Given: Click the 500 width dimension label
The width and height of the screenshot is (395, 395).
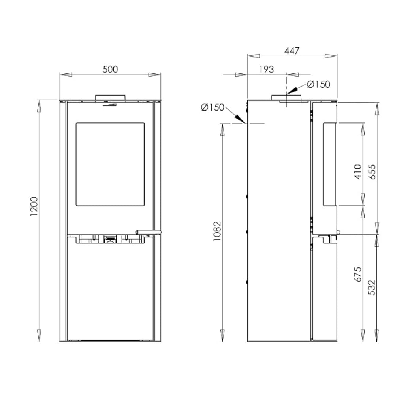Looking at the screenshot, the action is click(x=110, y=69).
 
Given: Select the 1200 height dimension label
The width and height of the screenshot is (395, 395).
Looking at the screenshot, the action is click(x=34, y=206).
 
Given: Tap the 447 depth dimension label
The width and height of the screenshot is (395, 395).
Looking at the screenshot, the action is click(x=292, y=51).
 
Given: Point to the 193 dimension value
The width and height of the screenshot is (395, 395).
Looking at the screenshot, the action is click(x=266, y=69).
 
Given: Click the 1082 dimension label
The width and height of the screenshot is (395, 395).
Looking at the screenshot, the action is click(x=217, y=231).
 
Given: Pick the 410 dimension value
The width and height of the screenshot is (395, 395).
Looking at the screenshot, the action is click(x=358, y=172).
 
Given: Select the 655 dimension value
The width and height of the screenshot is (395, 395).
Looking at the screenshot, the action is click(x=372, y=172).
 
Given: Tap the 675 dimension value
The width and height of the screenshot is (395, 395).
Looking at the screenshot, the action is click(x=358, y=275).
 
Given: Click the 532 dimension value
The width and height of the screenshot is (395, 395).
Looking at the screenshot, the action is click(x=372, y=288).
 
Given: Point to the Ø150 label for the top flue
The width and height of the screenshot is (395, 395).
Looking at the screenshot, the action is click(x=319, y=85).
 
